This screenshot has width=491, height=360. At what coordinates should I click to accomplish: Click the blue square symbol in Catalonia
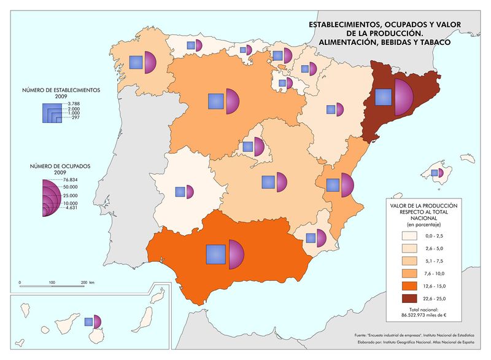click(x=384, y=98)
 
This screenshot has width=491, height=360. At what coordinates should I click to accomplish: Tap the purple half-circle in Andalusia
click(x=236, y=253)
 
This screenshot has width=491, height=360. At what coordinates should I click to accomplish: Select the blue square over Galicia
click(x=136, y=62)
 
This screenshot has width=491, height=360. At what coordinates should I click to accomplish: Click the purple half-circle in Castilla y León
click(x=231, y=101)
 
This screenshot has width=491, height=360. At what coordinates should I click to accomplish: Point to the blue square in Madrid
click(x=248, y=147)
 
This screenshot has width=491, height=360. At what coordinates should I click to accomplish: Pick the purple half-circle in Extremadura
click(x=190, y=192)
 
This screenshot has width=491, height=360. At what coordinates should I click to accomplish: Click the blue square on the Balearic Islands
click(x=435, y=173)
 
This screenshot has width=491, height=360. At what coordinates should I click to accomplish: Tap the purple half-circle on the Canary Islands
click(x=96, y=322)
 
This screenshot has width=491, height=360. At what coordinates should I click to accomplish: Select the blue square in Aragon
click(x=331, y=110)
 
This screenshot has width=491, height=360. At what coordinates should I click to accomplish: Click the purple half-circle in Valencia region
click(x=347, y=185)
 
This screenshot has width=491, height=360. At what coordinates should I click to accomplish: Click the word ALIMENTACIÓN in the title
click(x=345, y=42)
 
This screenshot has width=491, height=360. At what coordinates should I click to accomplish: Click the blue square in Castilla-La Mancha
click(x=268, y=182)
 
